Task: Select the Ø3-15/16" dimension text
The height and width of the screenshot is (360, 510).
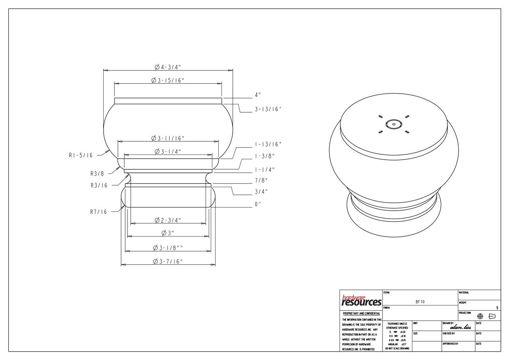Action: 168,80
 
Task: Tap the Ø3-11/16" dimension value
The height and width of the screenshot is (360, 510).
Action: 168,138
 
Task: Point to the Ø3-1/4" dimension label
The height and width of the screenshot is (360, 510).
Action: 168,151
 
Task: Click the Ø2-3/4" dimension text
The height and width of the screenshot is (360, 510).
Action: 168,220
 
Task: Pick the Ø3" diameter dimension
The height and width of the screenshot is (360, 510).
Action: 168,233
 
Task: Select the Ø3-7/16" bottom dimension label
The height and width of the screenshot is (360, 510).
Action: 168,261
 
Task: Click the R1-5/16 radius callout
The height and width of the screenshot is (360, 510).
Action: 80,155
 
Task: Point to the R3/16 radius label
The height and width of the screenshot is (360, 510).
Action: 99,185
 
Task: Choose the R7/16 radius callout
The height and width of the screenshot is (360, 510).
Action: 98,212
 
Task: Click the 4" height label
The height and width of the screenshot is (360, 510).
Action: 258,95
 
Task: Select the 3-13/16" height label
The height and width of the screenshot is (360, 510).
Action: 268,109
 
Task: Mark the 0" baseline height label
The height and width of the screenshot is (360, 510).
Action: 258,204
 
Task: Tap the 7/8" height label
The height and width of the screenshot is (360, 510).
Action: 261,180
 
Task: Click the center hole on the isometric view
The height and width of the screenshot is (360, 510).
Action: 393,124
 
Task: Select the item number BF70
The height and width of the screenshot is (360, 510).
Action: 420,302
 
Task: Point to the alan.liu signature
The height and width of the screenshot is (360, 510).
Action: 460,327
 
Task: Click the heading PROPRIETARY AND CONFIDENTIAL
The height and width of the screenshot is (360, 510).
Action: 361,313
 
